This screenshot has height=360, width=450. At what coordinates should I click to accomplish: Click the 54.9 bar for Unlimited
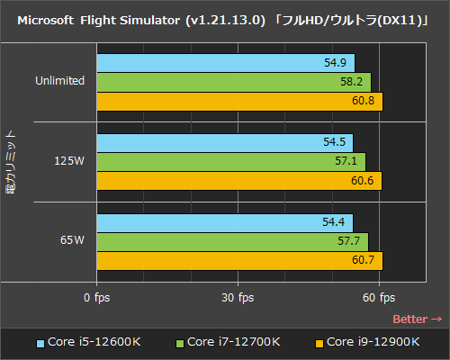tap(225, 63)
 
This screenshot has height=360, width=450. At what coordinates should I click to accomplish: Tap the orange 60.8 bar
tap(239, 101)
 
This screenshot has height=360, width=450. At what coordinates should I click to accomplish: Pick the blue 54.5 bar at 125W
tap(224, 142)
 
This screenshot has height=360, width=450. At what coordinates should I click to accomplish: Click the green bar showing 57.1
tap(230, 161)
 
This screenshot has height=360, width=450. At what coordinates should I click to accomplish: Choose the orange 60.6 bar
tap(238, 180)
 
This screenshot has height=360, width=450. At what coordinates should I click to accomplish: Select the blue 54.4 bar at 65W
tap(224, 222)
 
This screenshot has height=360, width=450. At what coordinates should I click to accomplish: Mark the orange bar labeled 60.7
tap(239, 260)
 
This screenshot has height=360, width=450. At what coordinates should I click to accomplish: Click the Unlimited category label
tap(60, 81)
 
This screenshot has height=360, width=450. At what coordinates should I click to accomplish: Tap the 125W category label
tap(69, 161)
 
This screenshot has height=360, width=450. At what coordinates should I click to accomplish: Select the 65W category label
tap(73, 241)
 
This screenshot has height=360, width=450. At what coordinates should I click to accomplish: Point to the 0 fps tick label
tap(96, 298)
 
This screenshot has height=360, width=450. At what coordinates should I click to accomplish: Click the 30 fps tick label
tap(238, 298)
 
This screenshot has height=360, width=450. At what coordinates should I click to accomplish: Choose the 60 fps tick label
tap(380, 298)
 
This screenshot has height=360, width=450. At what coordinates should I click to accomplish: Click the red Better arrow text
tap(418, 319)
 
